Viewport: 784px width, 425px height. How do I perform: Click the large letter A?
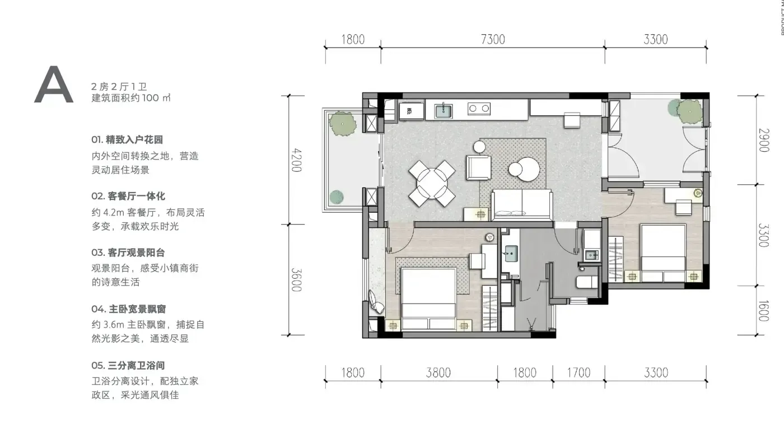pos(54,85)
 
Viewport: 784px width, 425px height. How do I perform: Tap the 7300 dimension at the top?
pos(493,40)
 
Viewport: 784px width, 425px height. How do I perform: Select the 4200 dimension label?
pos(296,160)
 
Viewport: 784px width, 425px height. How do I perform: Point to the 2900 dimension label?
pos(764,140)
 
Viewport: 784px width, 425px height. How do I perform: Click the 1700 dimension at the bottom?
pos(578,372)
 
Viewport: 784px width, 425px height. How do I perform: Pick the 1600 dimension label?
pos(763,311)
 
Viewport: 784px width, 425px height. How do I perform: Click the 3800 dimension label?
pos(438,372)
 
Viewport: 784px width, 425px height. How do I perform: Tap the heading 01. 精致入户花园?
pos(127,139)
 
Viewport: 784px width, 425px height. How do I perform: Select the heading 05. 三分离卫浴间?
pos(128,366)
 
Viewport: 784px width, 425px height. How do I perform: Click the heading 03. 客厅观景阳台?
pos(128,253)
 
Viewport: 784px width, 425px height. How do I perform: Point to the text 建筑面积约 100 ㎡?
pos(131,97)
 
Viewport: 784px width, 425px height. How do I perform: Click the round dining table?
pos(432,184)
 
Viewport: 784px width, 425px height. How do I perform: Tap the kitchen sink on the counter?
pos(443,111)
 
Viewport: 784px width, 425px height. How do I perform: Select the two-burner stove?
pos(479,109)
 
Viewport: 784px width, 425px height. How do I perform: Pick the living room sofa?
pos(521,204)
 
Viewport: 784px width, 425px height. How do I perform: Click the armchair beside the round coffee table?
pos(478,167)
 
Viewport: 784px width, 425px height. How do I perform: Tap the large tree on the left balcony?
pos(343,124)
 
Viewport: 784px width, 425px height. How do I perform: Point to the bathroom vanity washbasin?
pos(511,254)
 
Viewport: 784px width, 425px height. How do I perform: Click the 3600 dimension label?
pos(296,280)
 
